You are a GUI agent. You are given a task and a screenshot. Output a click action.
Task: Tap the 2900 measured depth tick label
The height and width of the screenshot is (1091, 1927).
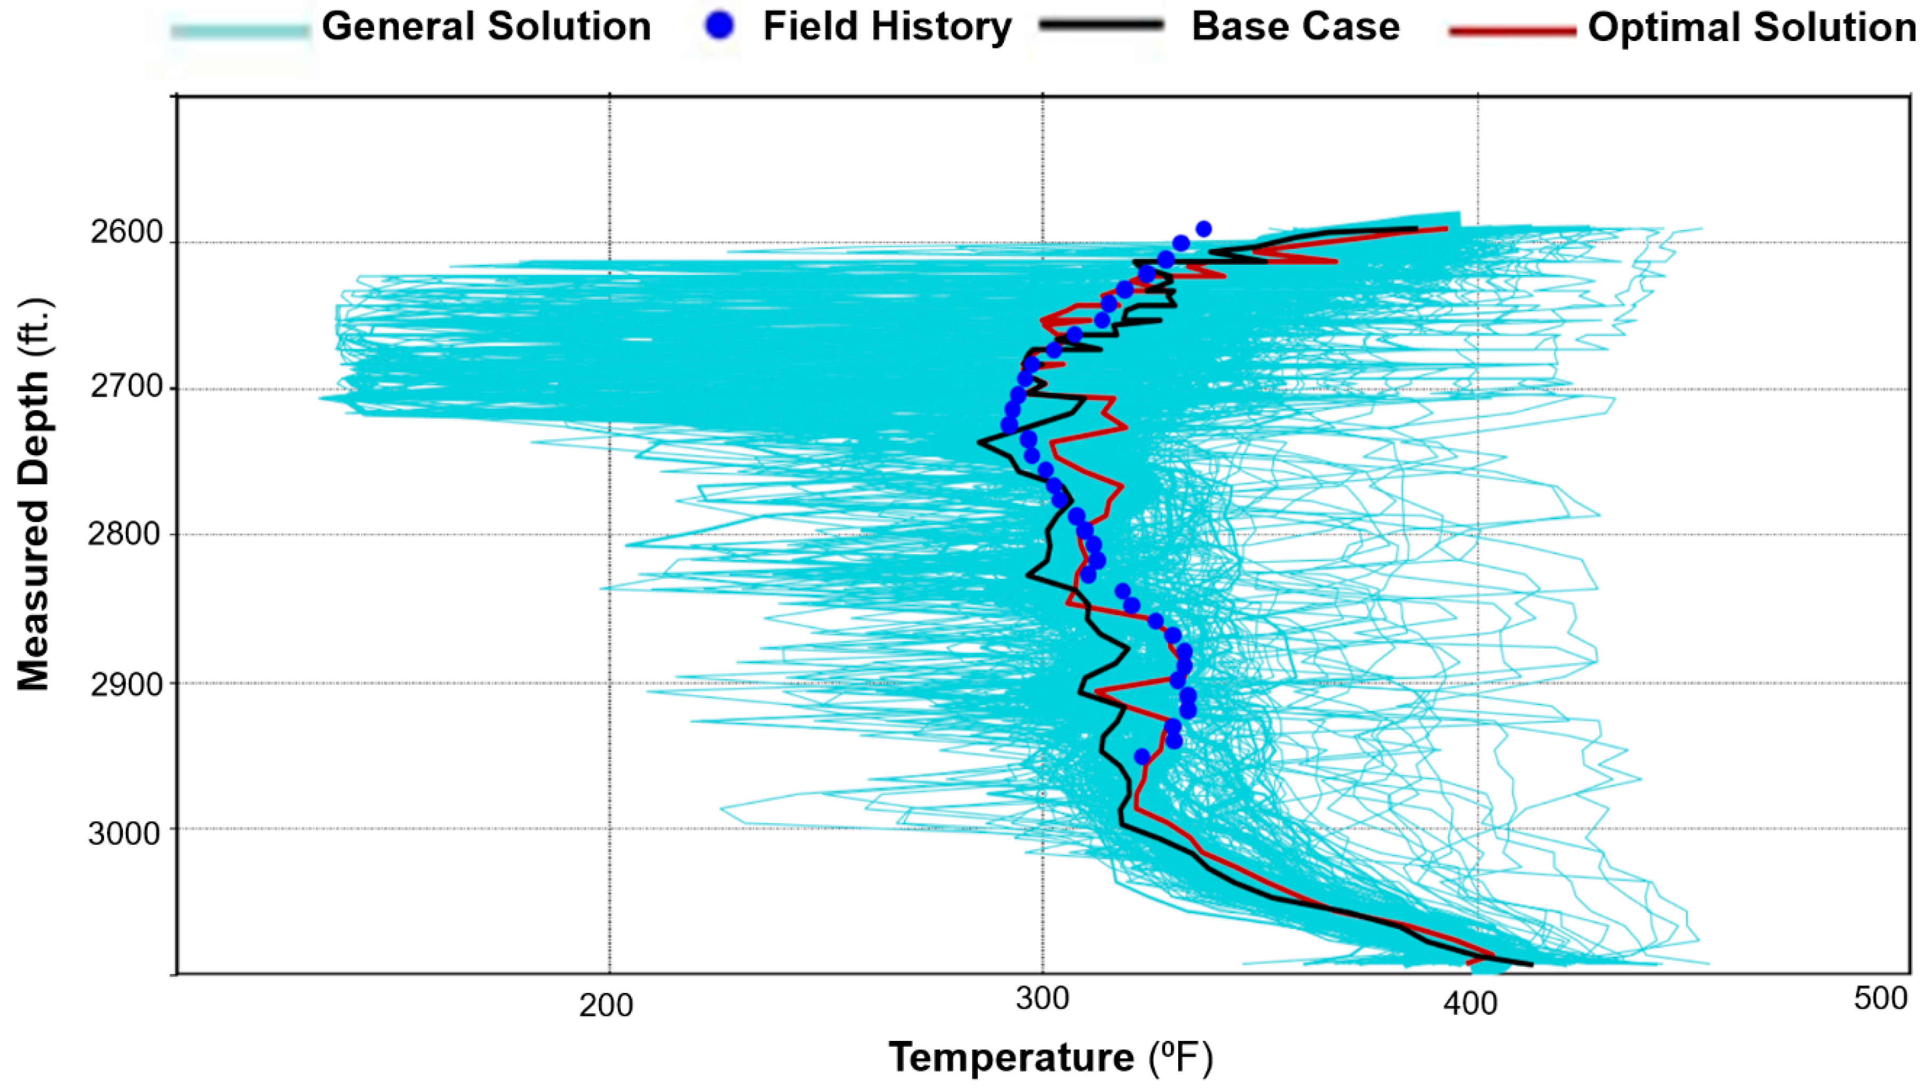click(126, 685)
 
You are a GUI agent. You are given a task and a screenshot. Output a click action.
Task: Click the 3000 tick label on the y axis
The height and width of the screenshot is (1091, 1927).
click(126, 833)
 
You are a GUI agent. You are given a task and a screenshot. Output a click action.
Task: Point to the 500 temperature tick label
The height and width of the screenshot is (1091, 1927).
click(1881, 999)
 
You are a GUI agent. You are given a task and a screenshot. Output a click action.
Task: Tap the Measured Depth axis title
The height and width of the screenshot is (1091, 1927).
click(34, 495)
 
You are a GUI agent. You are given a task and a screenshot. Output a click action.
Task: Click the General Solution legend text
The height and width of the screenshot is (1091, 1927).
click(486, 27)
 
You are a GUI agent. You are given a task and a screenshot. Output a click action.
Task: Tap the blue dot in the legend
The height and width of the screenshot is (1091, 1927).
click(720, 27)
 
